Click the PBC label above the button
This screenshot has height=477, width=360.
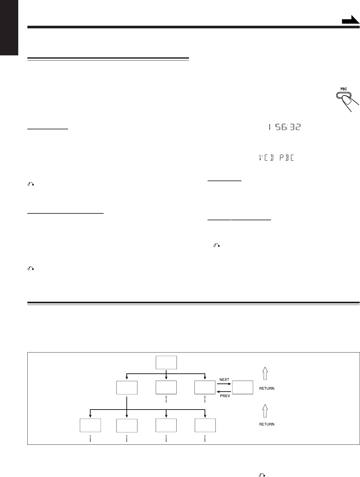point(343,89)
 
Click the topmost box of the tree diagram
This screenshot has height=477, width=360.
point(166,362)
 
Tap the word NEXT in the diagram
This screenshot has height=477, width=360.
point(224,380)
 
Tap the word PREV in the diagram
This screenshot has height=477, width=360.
point(224,396)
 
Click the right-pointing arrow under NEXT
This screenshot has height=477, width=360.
point(224,384)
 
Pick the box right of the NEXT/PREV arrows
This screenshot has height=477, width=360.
point(242,387)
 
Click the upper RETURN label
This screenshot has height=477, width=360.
point(267,388)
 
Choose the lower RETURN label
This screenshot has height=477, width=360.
point(267,424)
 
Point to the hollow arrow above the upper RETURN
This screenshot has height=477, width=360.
point(265,373)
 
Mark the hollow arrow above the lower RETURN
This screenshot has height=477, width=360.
point(265,410)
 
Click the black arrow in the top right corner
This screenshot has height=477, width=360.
point(350,21)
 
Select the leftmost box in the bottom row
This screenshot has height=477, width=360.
point(90,425)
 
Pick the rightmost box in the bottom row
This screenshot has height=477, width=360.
point(205,425)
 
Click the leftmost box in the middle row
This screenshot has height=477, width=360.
point(127,387)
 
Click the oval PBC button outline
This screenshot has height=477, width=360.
point(343,95)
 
